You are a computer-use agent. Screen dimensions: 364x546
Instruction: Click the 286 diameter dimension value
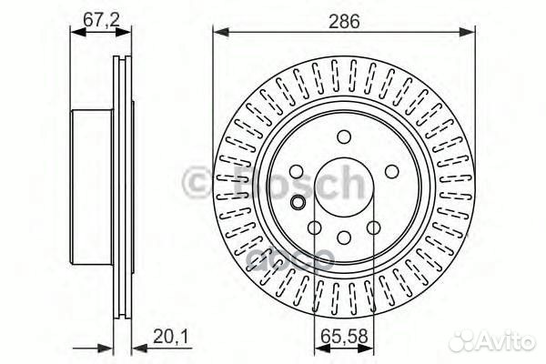point(343,19)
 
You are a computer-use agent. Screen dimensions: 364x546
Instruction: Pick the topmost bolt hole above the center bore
point(343,137)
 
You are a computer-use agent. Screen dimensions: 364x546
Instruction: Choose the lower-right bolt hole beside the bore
point(373,228)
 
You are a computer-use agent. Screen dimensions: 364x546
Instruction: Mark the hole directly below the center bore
point(343,238)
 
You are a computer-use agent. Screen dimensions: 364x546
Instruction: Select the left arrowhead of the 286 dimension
point(219,33)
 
